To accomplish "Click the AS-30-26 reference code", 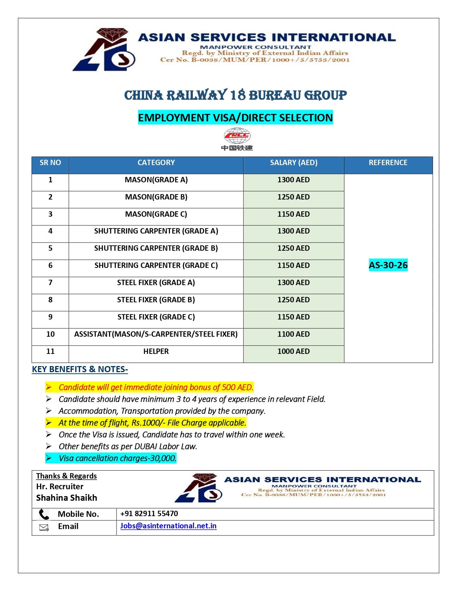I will point(388,265).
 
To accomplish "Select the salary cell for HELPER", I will point(294,351).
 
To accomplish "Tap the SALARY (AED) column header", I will point(294,163).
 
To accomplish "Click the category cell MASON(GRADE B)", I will point(156,197).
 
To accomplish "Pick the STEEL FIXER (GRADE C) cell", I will point(156,317).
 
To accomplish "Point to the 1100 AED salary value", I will point(294,334).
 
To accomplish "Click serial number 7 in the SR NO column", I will point(50,283).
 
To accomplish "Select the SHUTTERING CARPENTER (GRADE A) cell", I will point(156,231).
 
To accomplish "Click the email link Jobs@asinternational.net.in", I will point(168,526).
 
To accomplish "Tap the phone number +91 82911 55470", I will point(149,514).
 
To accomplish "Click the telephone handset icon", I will point(44,514).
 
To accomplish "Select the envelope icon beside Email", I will point(44,527).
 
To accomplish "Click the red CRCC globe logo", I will point(237,136).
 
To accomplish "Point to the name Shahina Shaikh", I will point(67,498).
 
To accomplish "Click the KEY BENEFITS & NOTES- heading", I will point(80,369).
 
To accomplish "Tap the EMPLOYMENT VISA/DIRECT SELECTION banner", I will point(235,117).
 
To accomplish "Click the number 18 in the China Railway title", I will point(238,95).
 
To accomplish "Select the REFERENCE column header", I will point(388,163).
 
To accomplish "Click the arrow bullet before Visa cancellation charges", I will point(49,458).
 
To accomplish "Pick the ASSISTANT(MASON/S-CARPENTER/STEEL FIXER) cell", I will point(156,334).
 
